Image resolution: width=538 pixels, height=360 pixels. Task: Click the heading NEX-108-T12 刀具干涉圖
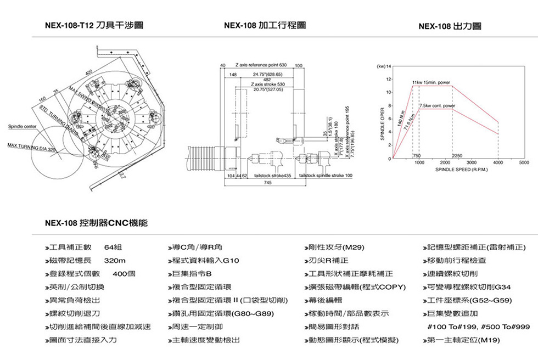95,26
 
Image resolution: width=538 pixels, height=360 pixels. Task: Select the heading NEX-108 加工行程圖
265,26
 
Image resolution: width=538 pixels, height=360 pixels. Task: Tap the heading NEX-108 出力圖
450,26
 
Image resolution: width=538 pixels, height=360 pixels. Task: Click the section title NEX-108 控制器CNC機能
96,223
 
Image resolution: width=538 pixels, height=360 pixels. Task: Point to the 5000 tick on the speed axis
524,163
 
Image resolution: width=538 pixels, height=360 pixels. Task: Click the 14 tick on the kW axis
388,66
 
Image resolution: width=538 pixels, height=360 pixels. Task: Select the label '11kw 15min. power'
431,82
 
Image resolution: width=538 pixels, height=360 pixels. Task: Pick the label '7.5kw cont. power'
437,105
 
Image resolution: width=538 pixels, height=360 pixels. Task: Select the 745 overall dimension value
267,183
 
